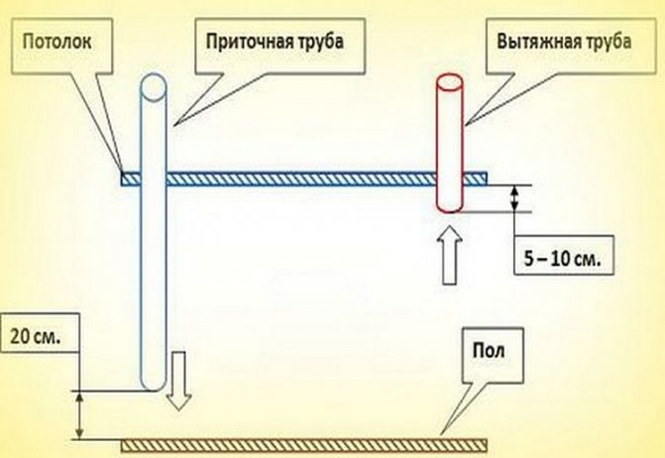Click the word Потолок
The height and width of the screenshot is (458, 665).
click(x=56, y=42)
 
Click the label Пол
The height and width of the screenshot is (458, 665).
click(x=489, y=351)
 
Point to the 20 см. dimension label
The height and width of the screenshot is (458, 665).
click(x=36, y=336)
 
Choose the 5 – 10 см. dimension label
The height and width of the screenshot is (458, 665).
click(x=562, y=259)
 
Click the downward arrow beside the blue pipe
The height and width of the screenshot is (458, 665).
click(x=178, y=381)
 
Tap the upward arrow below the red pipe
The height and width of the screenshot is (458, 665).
click(x=449, y=255)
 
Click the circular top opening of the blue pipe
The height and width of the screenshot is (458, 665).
click(x=153, y=87)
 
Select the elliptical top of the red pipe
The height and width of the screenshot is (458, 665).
click(x=450, y=81)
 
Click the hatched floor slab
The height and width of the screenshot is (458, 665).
click(x=304, y=446)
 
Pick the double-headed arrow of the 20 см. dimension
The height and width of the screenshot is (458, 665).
click(x=79, y=414)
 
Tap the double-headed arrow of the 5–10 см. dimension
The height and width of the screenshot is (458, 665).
click(x=514, y=198)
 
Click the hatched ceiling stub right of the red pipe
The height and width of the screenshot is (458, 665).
click(x=475, y=178)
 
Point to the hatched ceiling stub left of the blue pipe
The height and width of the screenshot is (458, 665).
click(x=131, y=178)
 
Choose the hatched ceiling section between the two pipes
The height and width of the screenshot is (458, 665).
click(x=301, y=178)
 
